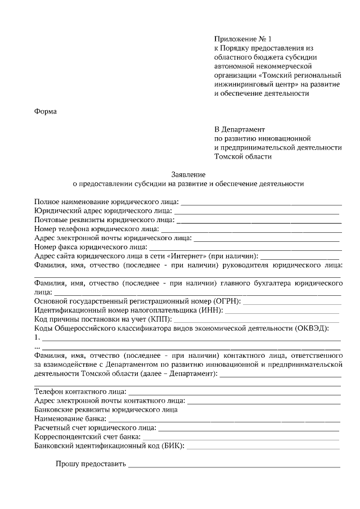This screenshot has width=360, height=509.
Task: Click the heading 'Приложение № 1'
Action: point(242,39)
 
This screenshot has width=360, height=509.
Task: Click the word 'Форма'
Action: point(46,111)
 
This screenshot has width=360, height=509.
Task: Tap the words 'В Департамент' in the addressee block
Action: point(240,129)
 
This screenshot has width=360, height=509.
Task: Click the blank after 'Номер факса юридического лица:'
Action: point(245,246)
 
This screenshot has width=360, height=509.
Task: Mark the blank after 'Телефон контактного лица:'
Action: point(235,392)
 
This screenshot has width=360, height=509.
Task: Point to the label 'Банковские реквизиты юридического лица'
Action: point(106,410)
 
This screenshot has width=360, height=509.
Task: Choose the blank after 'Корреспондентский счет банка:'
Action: point(241,437)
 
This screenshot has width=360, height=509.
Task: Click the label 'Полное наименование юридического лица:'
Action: point(106,201)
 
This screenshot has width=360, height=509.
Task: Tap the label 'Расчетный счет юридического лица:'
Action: point(95,428)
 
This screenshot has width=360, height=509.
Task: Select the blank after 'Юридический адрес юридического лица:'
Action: point(256,210)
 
